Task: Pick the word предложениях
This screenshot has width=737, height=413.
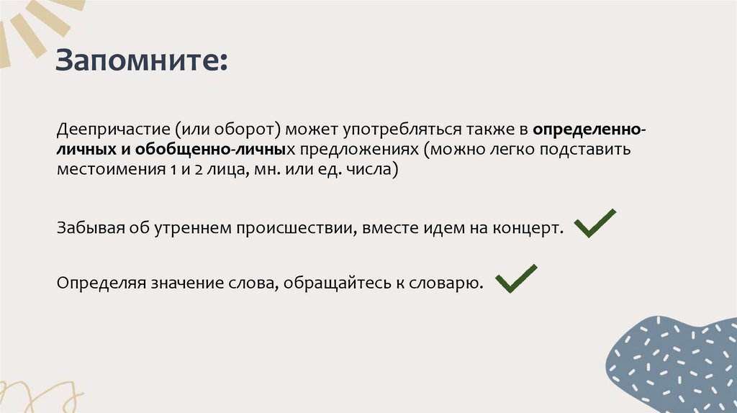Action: pyautogui.click(x=359, y=151)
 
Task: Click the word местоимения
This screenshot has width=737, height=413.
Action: pyautogui.click(x=107, y=172)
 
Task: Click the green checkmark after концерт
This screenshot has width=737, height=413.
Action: pyautogui.click(x=594, y=224)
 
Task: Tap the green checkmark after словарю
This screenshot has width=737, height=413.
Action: pyautogui.click(x=516, y=278)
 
